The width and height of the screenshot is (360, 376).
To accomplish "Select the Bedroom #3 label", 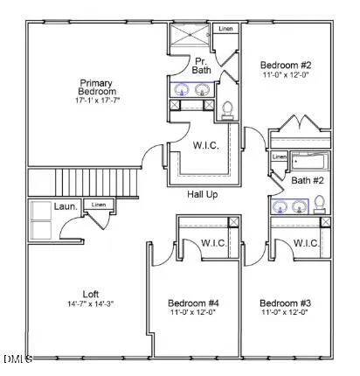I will (285, 303).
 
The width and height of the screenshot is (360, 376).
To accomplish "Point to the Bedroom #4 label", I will (193, 303).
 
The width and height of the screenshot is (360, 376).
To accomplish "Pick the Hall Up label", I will (202, 194).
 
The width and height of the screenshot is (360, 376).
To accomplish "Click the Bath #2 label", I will (308, 180).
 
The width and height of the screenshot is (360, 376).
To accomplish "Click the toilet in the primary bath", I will (228, 109).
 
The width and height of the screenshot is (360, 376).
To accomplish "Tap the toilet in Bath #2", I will (320, 204).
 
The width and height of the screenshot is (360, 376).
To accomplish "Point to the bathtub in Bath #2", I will (311, 161).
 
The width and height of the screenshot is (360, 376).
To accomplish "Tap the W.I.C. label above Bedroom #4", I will (213, 243).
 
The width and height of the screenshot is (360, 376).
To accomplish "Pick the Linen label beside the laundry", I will (99, 205).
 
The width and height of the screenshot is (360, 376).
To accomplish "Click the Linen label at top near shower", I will (225, 29).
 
